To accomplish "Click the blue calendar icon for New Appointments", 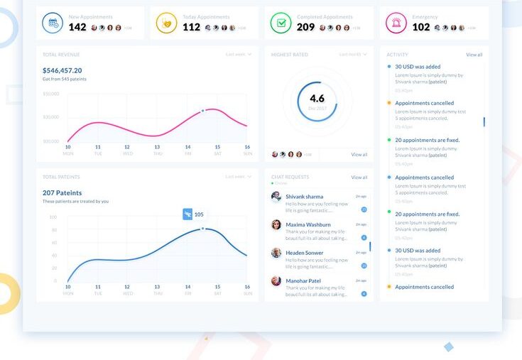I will (x=53, y=23).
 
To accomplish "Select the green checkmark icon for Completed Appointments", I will (x=281, y=23).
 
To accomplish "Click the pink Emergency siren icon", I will (x=396, y=23).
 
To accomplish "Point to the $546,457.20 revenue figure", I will (x=62, y=70).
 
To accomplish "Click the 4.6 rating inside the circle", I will (x=317, y=99).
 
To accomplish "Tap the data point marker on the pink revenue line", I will (x=202, y=111).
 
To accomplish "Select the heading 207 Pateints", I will (x=62, y=192).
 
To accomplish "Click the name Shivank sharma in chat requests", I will (x=304, y=197).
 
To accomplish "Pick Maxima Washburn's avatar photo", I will (x=276, y=225).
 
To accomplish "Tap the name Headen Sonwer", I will (x=304, y=253).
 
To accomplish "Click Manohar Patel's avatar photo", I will (x=276, y=281).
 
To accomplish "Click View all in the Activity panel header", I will (x=474, y=55).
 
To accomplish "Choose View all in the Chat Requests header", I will (x=359, y=178).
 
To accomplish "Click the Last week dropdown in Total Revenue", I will (x=238, y=55).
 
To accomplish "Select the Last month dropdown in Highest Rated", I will (x=353, y=55).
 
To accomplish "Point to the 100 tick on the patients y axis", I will (x=53, y=217).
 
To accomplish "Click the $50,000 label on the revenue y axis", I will (x=51, y=94).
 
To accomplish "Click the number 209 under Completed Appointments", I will (x=305, y=27).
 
